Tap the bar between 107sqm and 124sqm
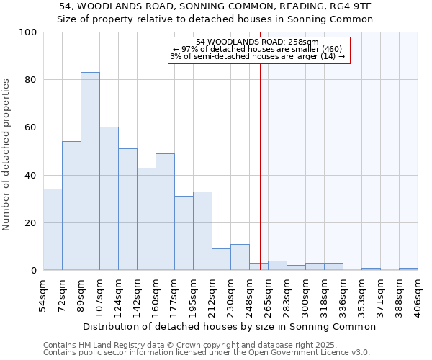click(x=109, y=199)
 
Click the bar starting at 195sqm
click(x=202, y=231)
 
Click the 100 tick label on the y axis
click(x=28, y=32)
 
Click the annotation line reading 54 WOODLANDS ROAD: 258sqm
click(x=257, y=42)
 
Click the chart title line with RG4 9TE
click(x=215, y=6)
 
